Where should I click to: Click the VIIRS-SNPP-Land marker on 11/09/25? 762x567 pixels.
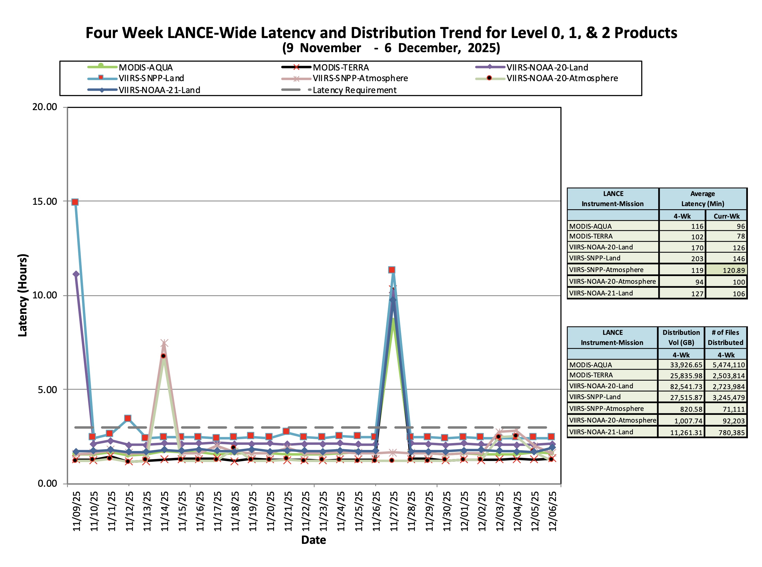tap(75, 202)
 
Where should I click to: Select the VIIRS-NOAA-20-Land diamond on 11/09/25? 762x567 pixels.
tap(76, 274)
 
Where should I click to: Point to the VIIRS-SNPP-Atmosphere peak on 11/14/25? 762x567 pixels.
tap(164, 343)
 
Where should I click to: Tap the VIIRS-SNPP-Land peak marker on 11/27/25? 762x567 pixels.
tap(392, 270)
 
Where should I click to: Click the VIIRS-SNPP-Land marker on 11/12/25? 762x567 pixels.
tap(128, 418)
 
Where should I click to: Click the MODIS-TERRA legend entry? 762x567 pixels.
tap(341, 68)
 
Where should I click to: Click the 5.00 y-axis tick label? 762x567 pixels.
tap(47, 390)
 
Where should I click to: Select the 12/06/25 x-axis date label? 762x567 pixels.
tap(552, 511)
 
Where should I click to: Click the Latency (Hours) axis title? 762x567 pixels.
tap(23, 295)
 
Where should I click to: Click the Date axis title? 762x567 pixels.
tap(313, 540)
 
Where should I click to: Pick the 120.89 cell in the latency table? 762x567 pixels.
tap(734, 270)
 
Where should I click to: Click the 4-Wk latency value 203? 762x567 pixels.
tap(697, 259)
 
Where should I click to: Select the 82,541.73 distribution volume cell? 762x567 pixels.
tap(686, 386)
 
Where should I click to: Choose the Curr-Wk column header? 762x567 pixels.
tap(726, 216)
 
